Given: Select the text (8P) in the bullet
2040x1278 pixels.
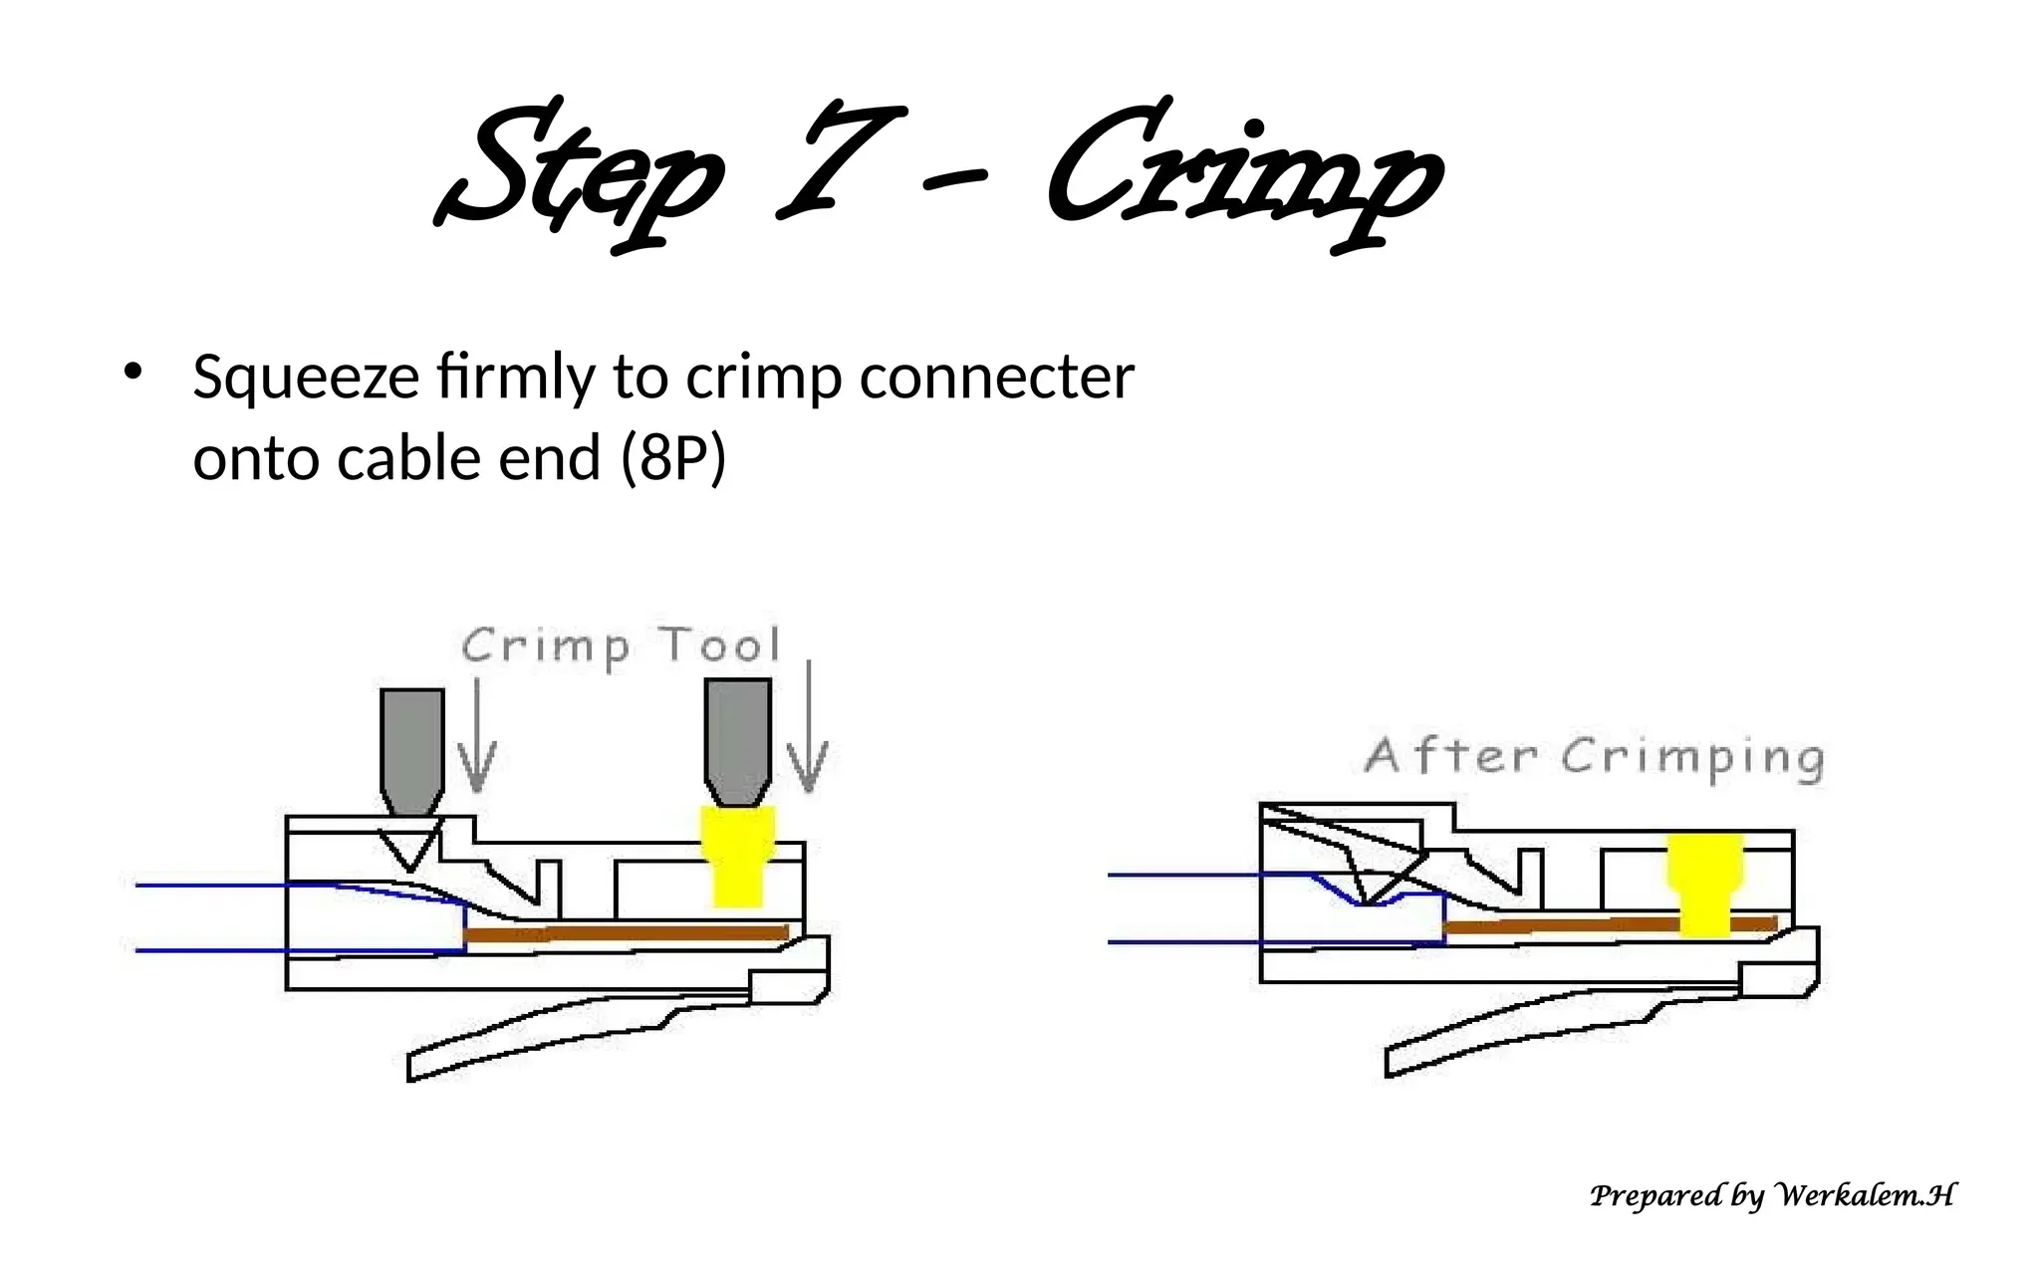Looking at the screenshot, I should click(x=673, y=459).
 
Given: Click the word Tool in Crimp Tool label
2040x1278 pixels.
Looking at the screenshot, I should click(x=720, y=645).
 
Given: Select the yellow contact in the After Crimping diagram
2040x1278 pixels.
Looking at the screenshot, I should click(x=1705, y=885).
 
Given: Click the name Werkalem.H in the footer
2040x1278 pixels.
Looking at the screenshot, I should click(x=1865, y=1194).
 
